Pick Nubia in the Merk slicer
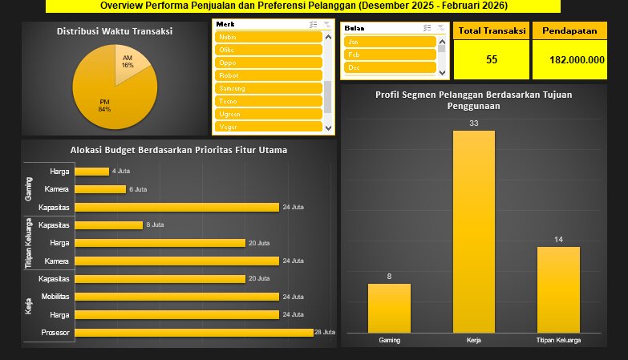[268, 37]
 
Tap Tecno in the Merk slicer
[268, 101]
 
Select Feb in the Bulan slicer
[390, 55]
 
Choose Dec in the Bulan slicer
[390, 67]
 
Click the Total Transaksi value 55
[492, 60]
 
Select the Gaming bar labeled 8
[389, 308]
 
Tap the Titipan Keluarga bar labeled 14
[558, 289]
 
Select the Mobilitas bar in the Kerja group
[177, 297]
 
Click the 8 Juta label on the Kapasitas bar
[155, 225]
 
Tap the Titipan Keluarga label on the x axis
[558, 340]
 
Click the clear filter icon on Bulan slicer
[440, 27]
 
